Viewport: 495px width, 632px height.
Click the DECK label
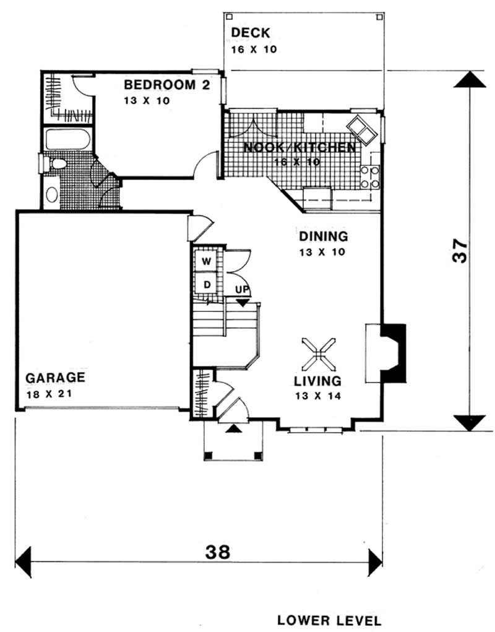[x=251, y=33]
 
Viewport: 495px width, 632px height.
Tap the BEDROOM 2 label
[x=167, y=85]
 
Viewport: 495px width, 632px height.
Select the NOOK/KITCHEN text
[x=299, y=148]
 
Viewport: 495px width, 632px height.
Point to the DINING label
[x=324, y=236]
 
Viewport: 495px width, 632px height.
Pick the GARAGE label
[x=54, y=377]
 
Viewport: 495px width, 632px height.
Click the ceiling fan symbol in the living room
[x=319, y=353]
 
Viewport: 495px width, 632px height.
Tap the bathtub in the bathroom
[x=68, y=140]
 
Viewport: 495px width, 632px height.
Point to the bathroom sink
[x=52, y=194]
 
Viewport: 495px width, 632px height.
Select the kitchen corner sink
[x=361, y=129]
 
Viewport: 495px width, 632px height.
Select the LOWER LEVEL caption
[x=329, y=620]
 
